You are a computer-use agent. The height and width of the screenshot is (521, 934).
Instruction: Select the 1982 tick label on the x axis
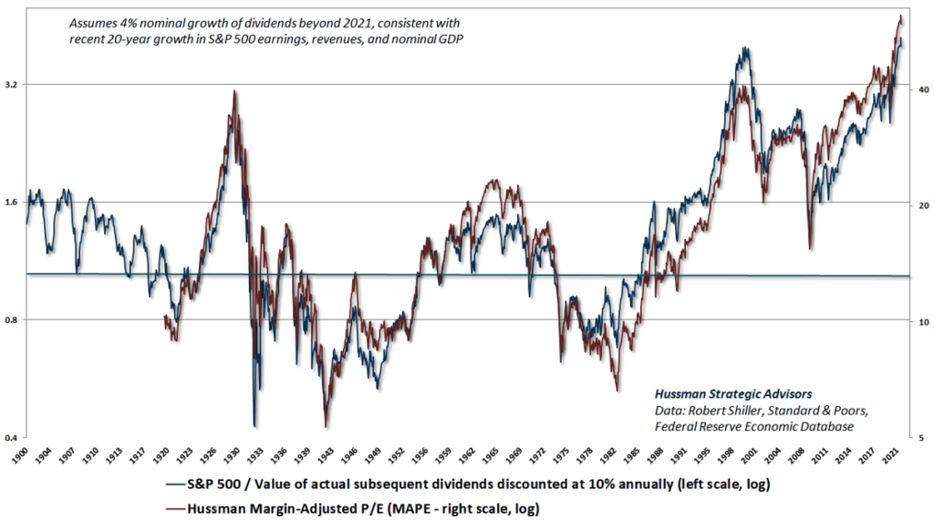(x=618, y=455)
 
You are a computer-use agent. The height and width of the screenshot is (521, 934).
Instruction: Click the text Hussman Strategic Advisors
(x=732, y=393)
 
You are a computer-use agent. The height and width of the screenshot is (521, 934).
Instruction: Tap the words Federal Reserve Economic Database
(x=754, y=426)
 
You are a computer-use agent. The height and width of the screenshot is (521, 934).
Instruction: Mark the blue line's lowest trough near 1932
(x=254, y=425)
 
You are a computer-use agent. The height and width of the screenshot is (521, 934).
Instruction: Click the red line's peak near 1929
(x=235, y=91)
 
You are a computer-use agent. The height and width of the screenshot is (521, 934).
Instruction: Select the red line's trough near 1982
(x=618, y=390)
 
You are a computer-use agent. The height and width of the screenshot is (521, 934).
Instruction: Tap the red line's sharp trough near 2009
(x=811, y=247)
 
